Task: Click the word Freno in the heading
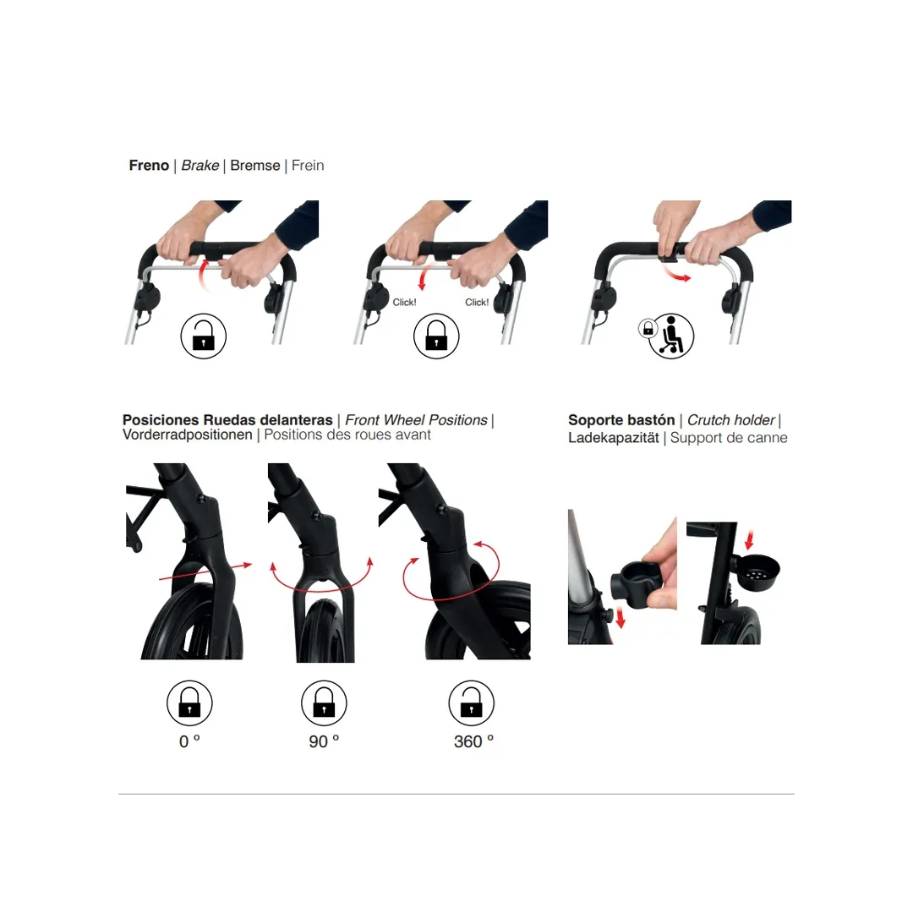coord(149,166)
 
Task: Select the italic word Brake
coord(200,166)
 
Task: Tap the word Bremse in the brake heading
coord(254,166)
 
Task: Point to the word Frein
coord(308,166)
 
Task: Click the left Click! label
coord(404,303)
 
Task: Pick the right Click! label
coord(477,303)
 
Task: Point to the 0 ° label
coord(189,741)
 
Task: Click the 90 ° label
coord(324,741)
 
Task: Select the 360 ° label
coord(473,741)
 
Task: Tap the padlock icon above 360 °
coord(472,703)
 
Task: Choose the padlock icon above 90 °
coord(324,703)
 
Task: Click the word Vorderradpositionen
coord(187,435)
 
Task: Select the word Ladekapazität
coord(613,438)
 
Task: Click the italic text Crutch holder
coord(730,420)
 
